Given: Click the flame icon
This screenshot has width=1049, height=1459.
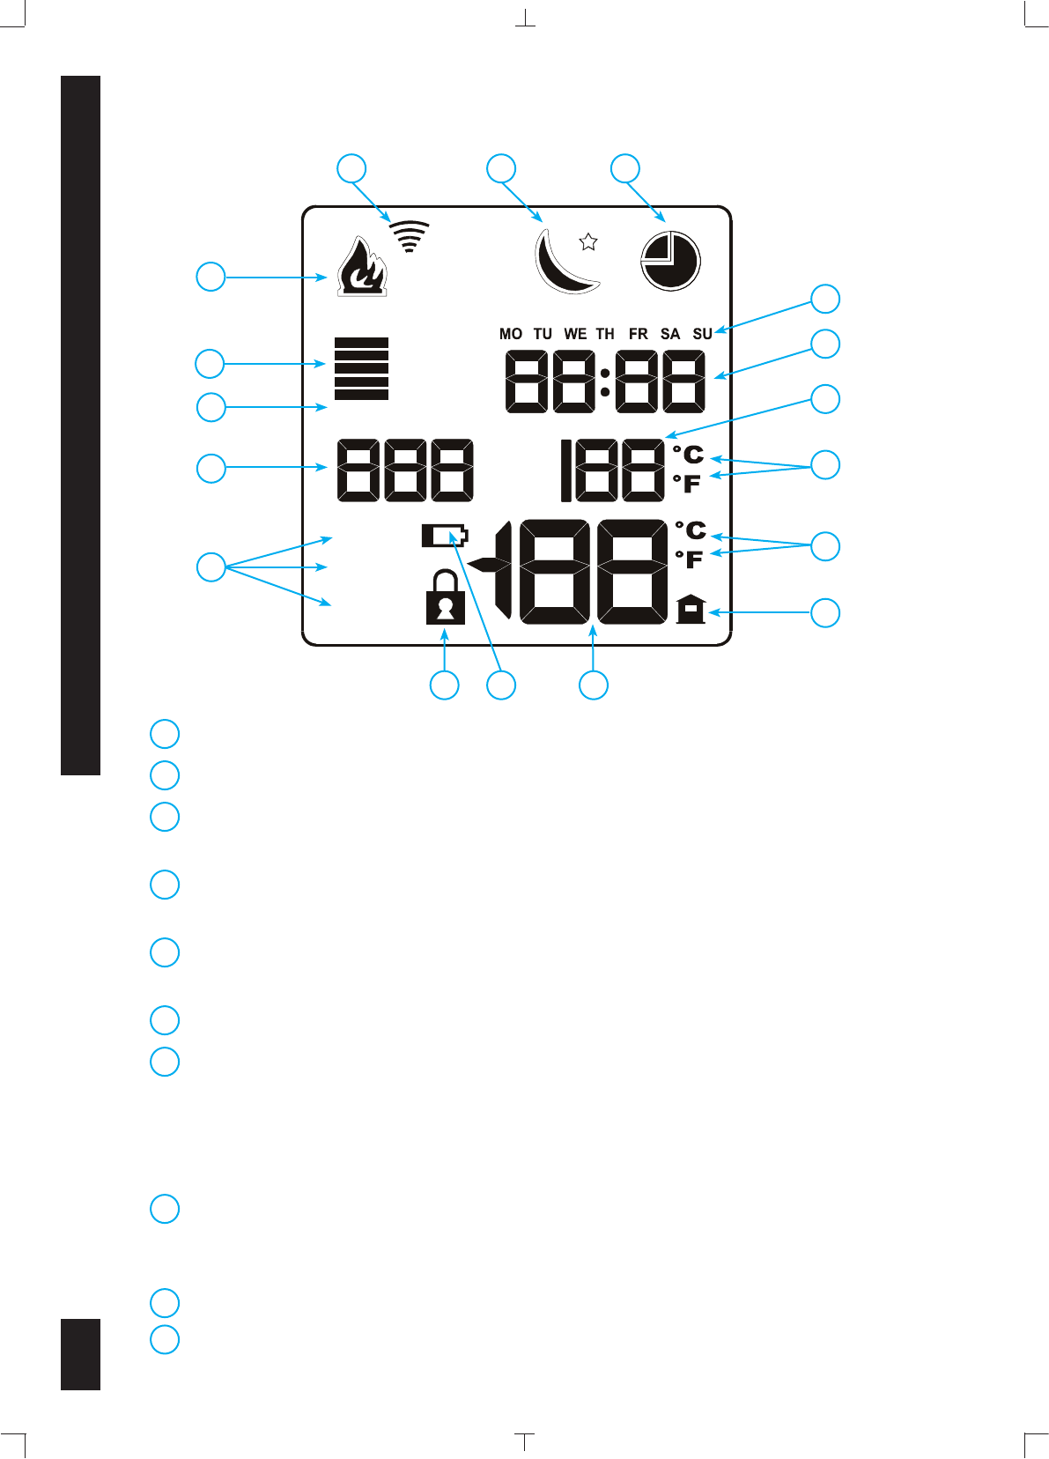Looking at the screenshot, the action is click(361, 266).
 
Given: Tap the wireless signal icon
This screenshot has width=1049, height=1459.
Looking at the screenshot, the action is click(410, 236).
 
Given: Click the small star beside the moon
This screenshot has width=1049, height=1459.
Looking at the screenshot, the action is click(588, 241).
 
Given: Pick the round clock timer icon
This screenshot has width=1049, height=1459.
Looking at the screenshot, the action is click(669, 261).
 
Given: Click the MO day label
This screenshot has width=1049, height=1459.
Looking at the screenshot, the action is click(511, 334).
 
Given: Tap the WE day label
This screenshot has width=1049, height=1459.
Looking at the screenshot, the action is click(575, 334).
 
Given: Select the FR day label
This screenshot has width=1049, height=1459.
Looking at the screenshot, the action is click(639, 334).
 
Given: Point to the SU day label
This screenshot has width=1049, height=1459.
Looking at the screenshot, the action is click(702, 334).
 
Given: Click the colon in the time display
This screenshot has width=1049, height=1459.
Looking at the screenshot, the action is click(605, 381).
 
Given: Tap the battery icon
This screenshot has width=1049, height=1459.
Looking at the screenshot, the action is click(445, 536).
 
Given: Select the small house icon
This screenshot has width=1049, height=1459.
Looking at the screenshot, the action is click(691, 609).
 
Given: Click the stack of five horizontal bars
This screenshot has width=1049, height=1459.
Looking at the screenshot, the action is click(361, 368).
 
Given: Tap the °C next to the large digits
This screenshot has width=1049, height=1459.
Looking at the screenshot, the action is click(691, 530).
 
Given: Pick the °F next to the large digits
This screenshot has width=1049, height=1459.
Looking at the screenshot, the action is click(690, 559).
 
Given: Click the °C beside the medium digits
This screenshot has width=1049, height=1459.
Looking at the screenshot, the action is click(689, 455).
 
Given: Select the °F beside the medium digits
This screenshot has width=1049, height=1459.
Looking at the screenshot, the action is click(687, 484).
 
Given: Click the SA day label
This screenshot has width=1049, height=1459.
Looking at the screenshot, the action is click(670, 334).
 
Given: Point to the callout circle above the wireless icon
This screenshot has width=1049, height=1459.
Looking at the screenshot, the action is click(352, 168).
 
